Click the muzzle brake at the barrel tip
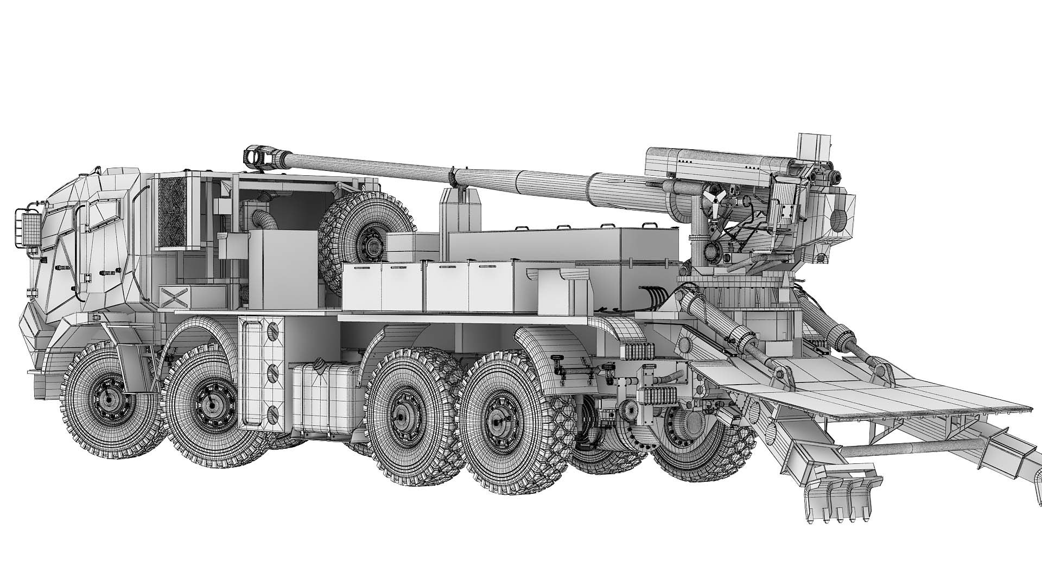(x=259, y=156)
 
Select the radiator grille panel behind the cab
(x=172, y=213)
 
